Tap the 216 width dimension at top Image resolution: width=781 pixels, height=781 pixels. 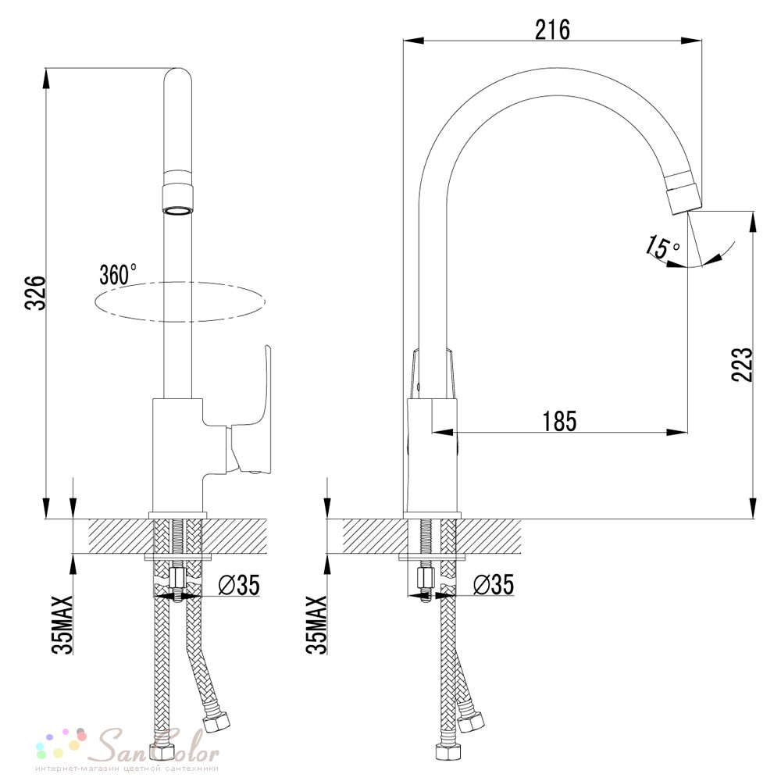coord(552,30)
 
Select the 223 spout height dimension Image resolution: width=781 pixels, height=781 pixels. coord(742,365)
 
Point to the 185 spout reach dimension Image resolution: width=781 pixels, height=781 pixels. coord(559,422)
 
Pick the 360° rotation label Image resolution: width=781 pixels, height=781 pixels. coord(118,273)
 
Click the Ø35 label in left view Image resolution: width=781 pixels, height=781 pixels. coord(239,585)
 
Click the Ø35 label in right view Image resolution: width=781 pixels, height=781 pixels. coord(493,585)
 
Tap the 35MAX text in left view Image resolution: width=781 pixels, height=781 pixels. coord(63,624)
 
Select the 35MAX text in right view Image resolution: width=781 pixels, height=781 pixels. coord(317,624)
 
